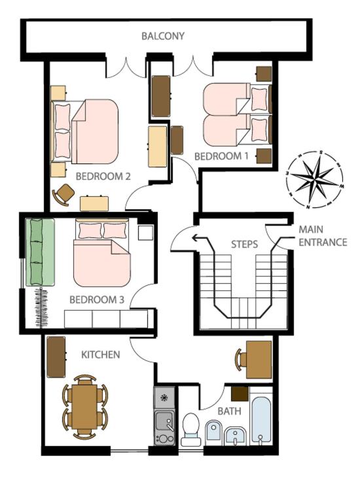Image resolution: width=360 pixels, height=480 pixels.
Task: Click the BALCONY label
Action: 163,36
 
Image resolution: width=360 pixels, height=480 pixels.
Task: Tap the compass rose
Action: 315,180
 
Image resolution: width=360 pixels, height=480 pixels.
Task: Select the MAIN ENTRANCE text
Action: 323,235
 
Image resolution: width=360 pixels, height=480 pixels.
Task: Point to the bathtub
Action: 261,420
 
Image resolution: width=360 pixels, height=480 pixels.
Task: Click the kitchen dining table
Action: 85,407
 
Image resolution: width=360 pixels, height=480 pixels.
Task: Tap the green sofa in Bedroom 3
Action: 40,252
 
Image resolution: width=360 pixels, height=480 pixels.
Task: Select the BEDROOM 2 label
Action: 103,177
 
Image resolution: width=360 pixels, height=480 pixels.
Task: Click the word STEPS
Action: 244,245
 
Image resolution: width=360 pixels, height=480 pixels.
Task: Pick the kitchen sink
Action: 164,421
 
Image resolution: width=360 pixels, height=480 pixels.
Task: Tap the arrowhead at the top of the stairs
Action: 195,237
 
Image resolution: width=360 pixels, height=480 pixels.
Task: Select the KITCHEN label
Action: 101,354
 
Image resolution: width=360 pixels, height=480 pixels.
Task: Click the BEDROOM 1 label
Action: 221,156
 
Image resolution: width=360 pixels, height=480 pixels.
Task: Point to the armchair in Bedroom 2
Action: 64,194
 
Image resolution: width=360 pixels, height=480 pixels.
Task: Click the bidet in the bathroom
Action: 214,431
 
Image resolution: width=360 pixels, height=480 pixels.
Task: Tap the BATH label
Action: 229,411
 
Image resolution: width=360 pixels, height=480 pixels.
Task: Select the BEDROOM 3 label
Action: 97,300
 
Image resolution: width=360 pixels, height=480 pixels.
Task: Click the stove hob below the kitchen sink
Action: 164,439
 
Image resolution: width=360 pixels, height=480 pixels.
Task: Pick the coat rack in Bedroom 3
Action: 41,307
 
